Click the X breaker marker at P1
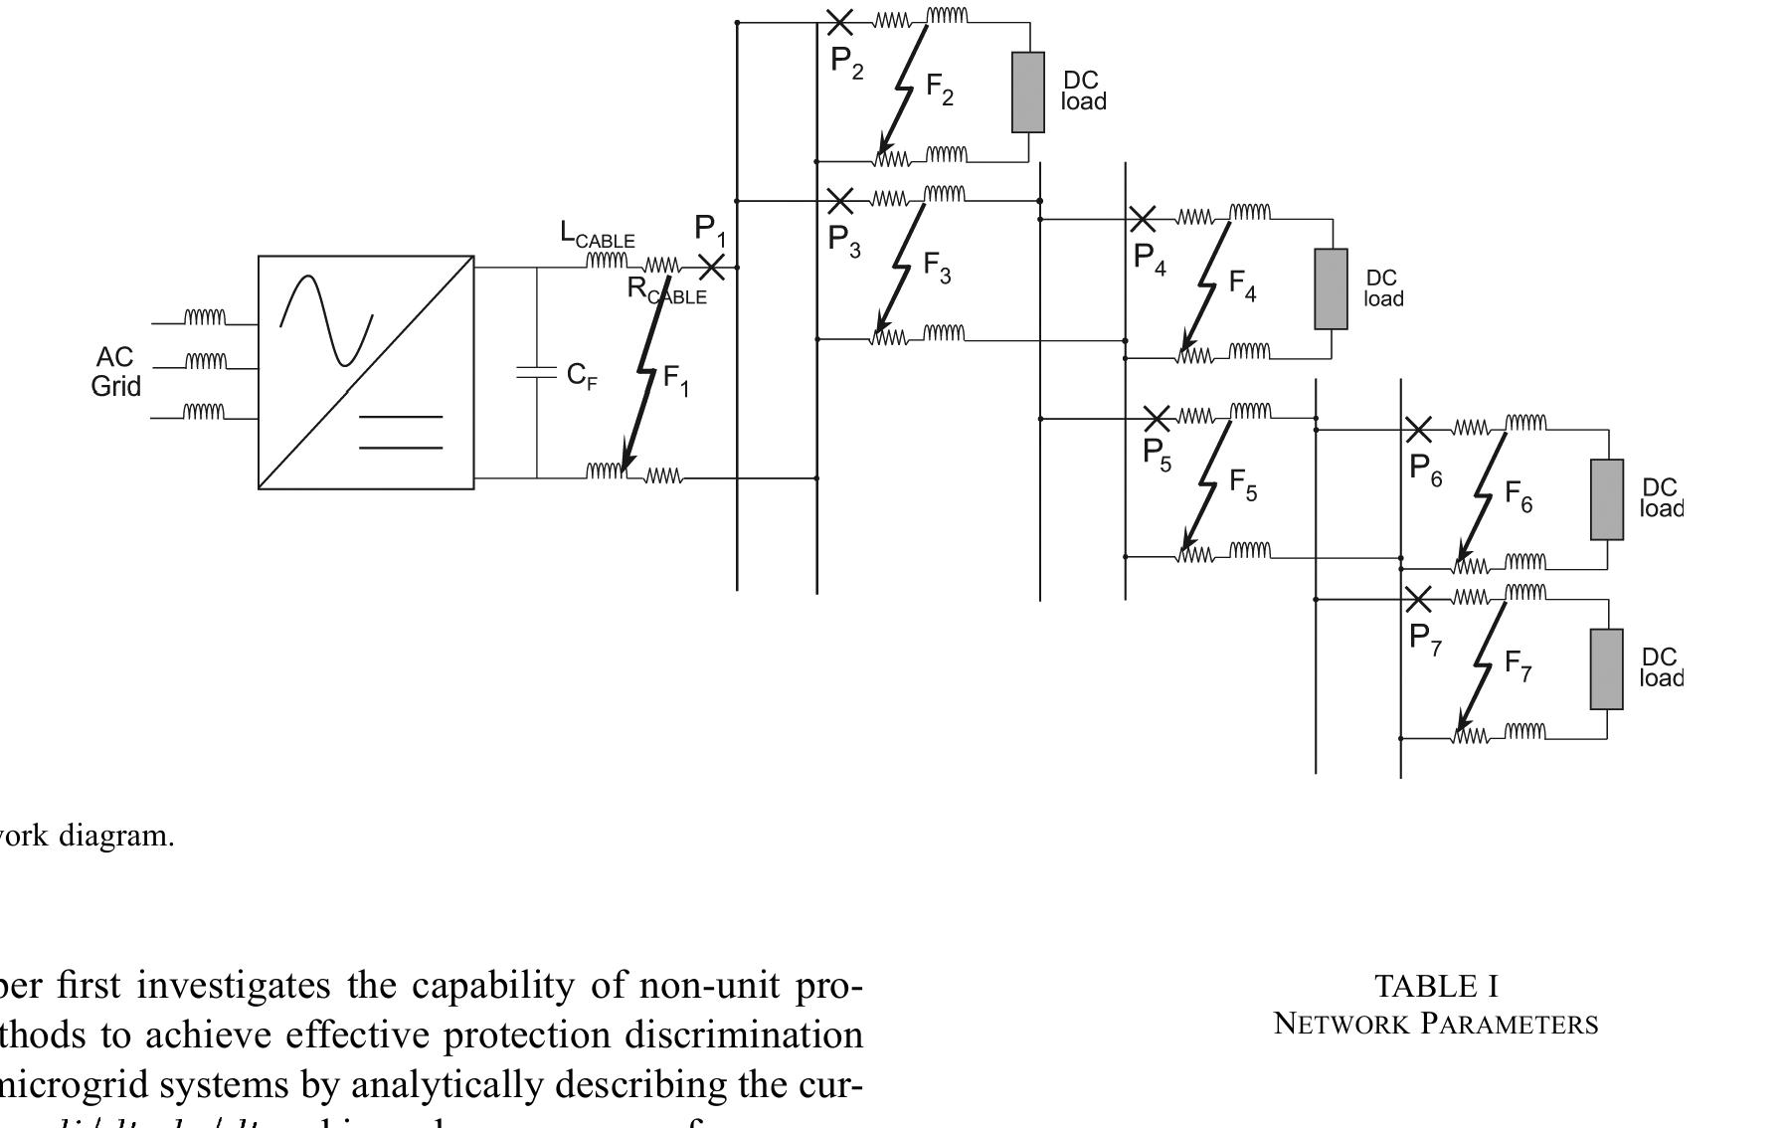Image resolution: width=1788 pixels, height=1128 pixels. (711, 267)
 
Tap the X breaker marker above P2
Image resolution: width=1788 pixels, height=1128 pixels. (839, 21)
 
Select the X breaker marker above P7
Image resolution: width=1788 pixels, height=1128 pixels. (1418, 599)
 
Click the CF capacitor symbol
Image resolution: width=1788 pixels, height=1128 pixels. (536, 373)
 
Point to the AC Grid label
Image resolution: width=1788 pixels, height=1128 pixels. (115, 372)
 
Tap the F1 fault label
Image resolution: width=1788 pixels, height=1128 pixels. (675, 379)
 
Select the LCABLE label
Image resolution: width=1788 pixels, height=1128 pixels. (597, 235)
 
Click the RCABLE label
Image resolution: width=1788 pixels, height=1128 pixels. (666, 290)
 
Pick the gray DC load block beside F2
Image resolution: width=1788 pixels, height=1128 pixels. (1028, 93)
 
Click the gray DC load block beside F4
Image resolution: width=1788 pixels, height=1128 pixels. (1331, 288)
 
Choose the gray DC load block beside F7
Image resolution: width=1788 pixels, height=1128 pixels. (1606, 668)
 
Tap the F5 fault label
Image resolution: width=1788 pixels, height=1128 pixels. (1243, 484)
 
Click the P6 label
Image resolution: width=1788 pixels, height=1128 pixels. (1425, 469)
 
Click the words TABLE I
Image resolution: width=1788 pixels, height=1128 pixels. (1436, 986)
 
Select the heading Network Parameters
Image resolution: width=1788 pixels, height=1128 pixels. (1436, 1024)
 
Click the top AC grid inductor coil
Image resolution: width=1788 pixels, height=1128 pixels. (205, 317)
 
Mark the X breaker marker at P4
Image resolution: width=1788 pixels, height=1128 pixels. (1142, 218)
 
